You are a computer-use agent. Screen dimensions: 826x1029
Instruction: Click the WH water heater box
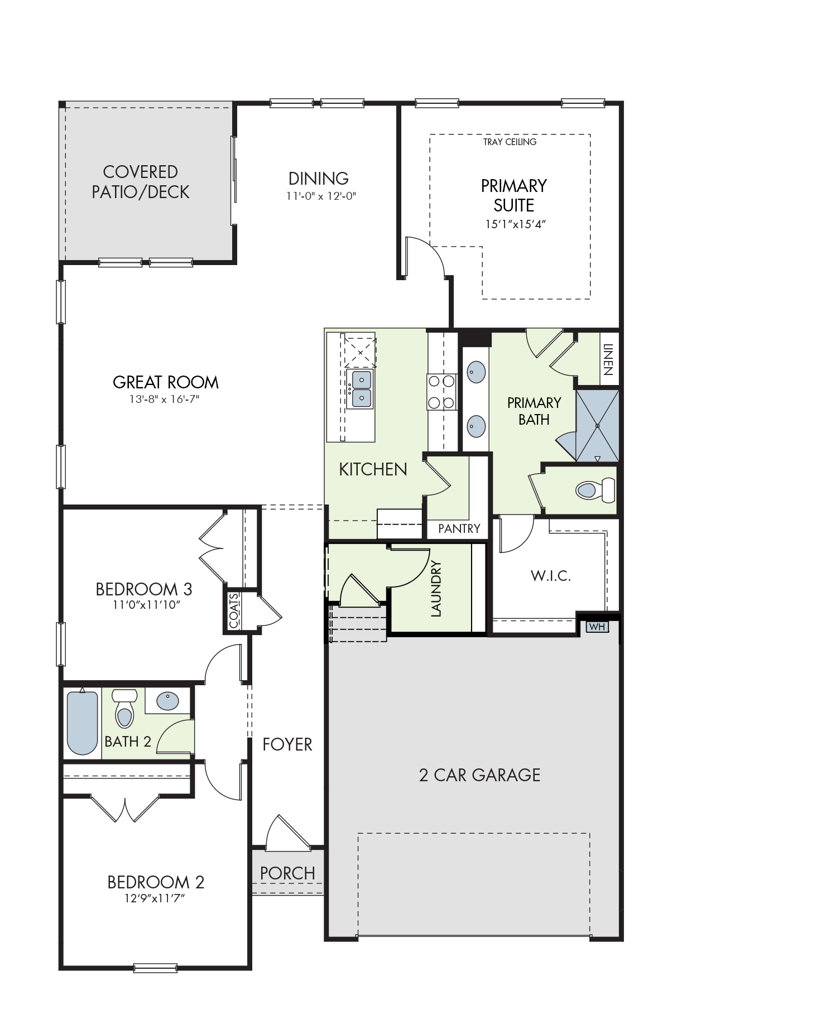coord(597,627)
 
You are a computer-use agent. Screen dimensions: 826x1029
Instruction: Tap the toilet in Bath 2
coord(124,708)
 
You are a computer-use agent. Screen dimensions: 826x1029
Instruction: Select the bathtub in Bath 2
coord(82,721)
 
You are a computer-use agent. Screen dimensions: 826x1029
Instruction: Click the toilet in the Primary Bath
coord(595,490)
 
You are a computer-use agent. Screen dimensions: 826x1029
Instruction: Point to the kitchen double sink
coord(360,388)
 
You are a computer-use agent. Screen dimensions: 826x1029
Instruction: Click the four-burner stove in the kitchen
coord(442,392)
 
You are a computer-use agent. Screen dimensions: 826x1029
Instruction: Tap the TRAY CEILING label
coord(510,142)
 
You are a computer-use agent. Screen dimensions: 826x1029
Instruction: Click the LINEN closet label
coord(608,359)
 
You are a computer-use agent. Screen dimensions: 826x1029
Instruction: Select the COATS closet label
coord(234,610)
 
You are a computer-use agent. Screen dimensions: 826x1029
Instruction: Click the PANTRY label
coord(459,528)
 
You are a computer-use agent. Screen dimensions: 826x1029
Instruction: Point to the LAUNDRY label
coord(436,589)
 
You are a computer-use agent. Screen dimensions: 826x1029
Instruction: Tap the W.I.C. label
coord(550,576)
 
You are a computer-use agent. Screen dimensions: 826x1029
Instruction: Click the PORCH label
coord(287,873)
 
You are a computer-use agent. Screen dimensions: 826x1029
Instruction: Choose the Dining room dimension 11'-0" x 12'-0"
coord(321,196)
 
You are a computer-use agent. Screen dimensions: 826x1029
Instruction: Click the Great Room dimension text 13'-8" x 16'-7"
coord(164,399)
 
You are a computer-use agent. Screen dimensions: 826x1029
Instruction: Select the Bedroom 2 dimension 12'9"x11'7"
coord(155,898)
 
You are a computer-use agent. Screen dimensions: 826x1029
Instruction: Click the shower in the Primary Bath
coord(597,426)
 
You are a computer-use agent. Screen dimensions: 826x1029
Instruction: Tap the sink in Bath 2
coord(167,700)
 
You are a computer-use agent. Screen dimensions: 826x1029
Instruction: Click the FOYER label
coord(287,744)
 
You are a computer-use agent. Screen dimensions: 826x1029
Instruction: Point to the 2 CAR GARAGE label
coord(479,775)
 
